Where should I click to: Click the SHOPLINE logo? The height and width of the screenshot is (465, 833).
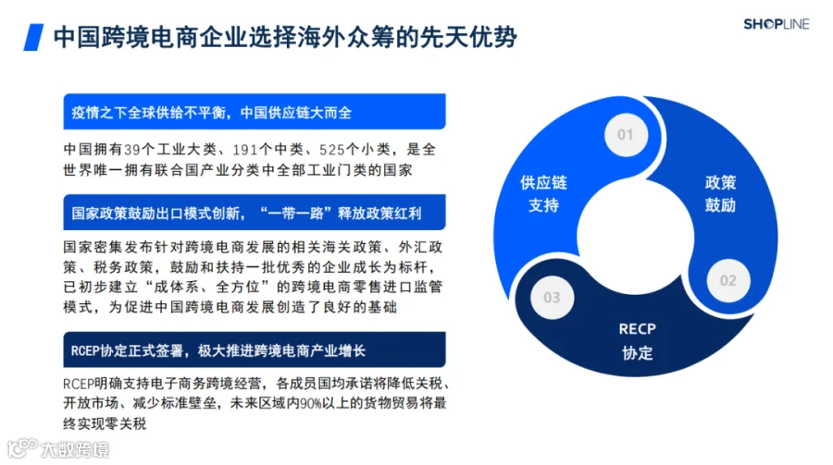click(x=777, y=24)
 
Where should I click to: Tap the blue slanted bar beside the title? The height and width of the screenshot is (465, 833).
click(x=33, y=37)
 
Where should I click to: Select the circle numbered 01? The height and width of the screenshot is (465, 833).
click(x=626, y=135)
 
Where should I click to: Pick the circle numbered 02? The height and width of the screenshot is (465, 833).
click(x=727, y=280)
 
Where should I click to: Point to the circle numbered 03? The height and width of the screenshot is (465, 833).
click(x=552, y=298)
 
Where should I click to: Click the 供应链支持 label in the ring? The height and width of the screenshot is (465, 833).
click(x=543, y=194)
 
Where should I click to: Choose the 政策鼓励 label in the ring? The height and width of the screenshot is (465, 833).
click(x=720, y=194)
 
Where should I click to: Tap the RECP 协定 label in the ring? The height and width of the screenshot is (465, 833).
click(x=637, y=341)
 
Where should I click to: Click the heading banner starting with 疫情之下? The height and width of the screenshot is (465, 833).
click(x=255, y=112)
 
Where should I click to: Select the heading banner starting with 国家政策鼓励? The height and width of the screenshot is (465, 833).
click(x=255, y=213)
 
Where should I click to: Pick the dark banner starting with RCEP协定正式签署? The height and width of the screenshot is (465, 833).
click(x=255, y=349)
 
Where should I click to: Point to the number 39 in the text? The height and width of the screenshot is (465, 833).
click(x=131, y=150)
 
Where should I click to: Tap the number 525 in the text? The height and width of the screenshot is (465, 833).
click(x=332, y=150)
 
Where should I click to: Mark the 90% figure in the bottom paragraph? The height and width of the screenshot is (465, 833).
click(x=310, y=403)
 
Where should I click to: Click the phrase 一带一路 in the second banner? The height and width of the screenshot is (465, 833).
click(x=299, y=214)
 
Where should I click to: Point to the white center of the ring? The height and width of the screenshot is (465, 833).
click(x=635, y=237)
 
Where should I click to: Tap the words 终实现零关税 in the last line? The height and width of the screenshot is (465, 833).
click(x=105, y=423)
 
